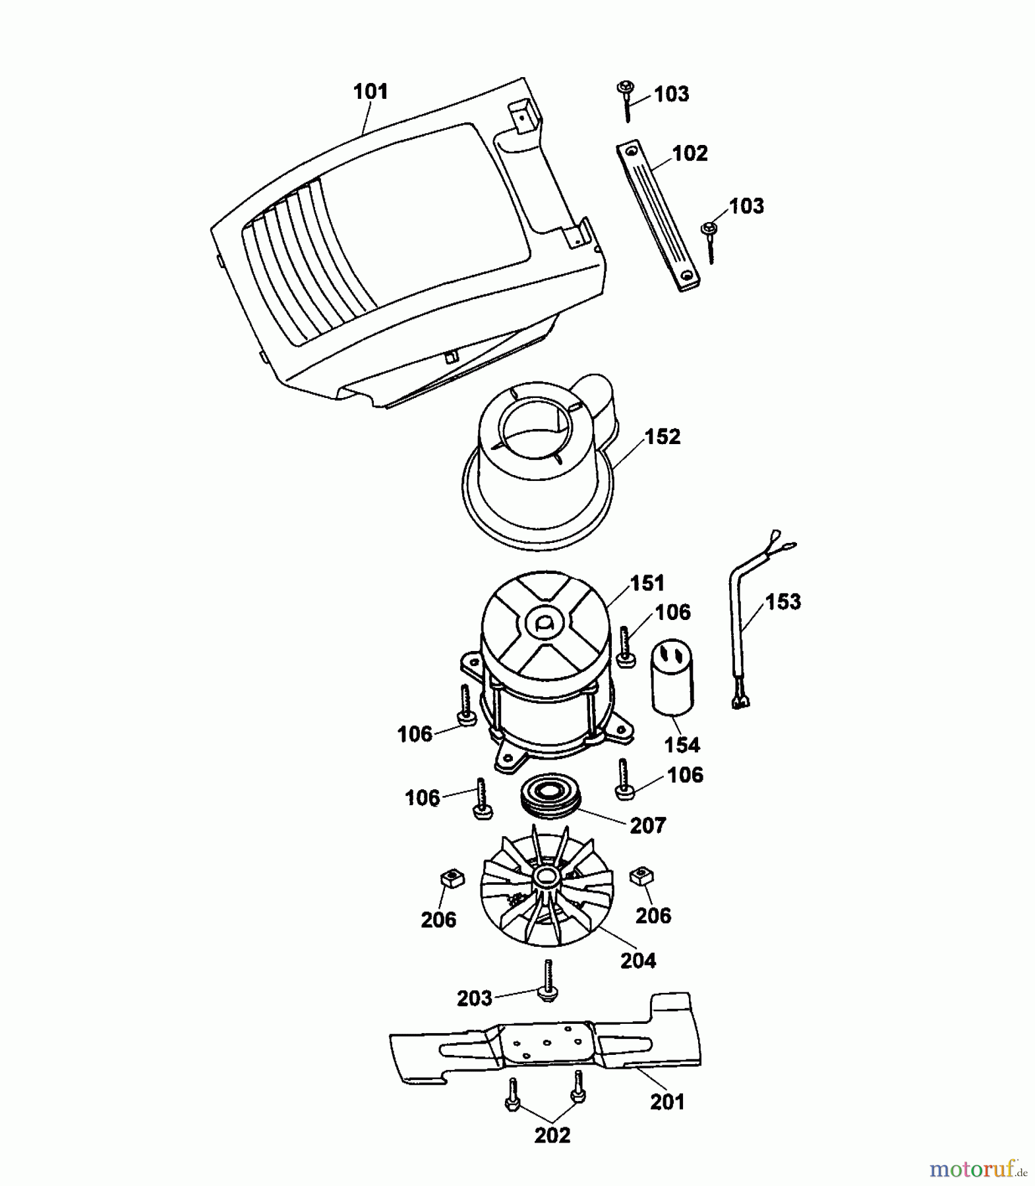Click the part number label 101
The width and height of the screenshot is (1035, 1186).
point(370,92)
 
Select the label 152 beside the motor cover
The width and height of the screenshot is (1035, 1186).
point(662,436)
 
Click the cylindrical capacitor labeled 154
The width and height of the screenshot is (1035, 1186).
point(672,679)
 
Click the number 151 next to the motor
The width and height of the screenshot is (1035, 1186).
point(647,582)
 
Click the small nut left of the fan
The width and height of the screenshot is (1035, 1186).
point(452,878)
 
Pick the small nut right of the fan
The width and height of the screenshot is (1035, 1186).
point(641,876)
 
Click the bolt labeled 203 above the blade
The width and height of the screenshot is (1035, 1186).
point(547,982)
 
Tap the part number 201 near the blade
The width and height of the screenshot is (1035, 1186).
point(667,1102)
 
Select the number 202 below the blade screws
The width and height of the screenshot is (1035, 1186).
point(552,1135)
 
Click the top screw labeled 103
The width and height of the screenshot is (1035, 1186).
point(626,98)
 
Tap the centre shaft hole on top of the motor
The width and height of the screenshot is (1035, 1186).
point(545,623)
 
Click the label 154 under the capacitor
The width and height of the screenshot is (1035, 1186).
point(682,745)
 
